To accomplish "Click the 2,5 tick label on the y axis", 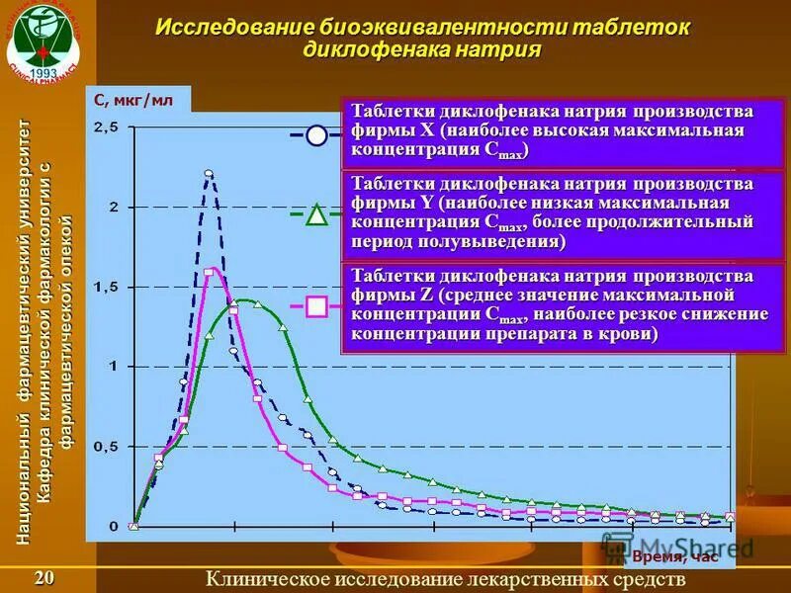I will [x=105, y=127].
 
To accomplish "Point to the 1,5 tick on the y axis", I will [x=105, y=287].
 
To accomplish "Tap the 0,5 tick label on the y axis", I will [x=105, y=446].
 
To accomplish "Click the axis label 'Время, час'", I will [x=677, y=556].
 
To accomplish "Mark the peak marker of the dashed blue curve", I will [x=209, y=174].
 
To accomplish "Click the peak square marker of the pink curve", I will [x=209, y=272].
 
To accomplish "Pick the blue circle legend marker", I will [x=316, y=135].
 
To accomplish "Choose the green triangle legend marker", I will [x=316, y=214].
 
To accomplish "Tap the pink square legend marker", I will [x=316, y=306].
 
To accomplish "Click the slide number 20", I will [x=44, y=578].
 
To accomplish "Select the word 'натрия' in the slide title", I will [x=503, y=50].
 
